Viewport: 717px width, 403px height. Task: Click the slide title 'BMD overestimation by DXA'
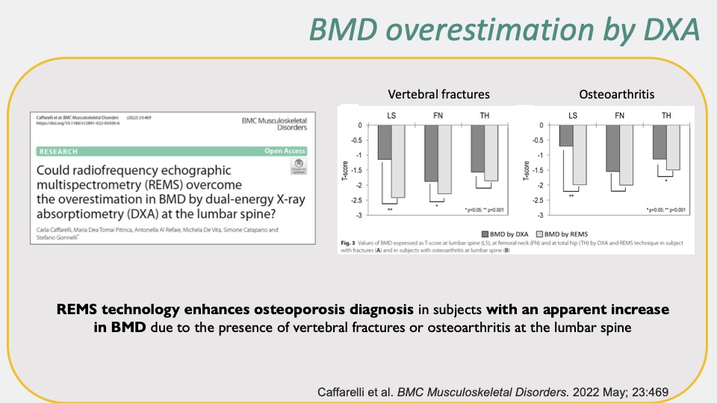click(x=505, y=30)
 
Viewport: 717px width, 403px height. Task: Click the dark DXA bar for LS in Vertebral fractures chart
click(x=384, y=143)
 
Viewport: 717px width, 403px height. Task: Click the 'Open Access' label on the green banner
click(x=286, y=151)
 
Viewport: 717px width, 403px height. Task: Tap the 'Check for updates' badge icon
click(x=299, y=166)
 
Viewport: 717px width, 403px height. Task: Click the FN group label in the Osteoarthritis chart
click(x=619, y=116)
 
